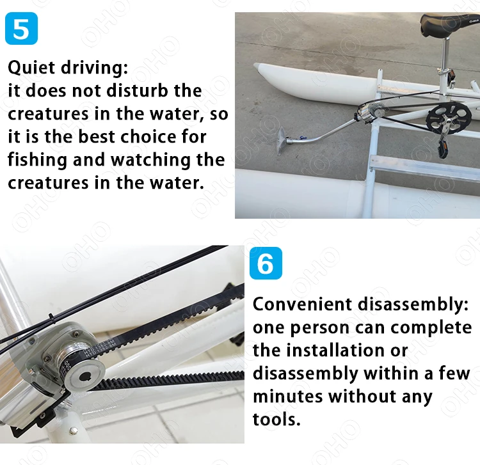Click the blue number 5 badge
[21, 28]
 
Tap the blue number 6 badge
[266, 263]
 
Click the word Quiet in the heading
[31, 68]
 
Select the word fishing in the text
[37, 160]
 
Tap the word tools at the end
[276, 419]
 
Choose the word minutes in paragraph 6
[288, 396]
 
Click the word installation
[335, 351]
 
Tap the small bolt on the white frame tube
[73, 431]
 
